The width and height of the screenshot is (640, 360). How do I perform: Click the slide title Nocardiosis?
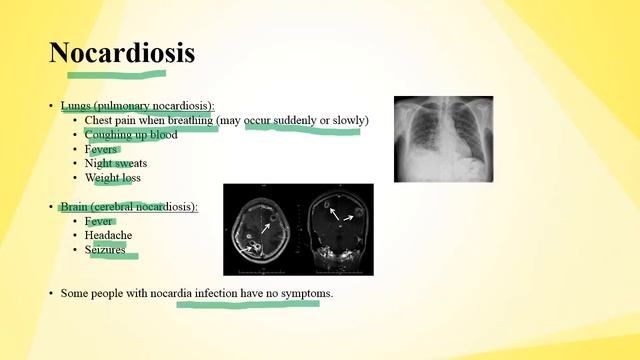pos(122,53)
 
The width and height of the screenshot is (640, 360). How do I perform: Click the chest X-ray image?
pos(443,138)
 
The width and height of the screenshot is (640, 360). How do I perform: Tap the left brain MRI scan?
pos(260,229)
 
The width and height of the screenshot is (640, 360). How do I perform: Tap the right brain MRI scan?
pos(336,229)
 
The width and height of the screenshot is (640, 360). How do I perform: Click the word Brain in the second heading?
pos(76,207)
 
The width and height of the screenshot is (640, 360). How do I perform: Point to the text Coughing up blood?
pos(131,135)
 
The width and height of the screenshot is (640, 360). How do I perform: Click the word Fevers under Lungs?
pos(102,150)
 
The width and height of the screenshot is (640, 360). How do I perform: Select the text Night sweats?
pos(113,164)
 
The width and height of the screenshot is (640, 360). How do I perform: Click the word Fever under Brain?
pos(100,222)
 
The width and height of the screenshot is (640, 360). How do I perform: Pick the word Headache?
pos(108,236)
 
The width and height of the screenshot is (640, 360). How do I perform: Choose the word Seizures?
pos(106,250)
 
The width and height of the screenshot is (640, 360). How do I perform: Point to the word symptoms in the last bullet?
pos(306,294)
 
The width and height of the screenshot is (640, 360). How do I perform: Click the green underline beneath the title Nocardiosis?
pos(116,73)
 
